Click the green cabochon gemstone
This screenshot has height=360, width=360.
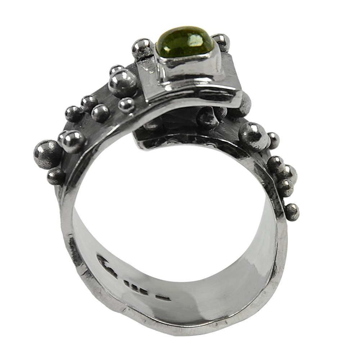(184, 42)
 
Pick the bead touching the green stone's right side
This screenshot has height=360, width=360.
(221, 41)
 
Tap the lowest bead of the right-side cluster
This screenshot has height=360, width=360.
(292, 212)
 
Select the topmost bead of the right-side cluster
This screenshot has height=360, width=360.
(275, 164)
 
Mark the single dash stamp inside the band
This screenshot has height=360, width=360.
(165, 298)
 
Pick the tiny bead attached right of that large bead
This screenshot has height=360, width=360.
(273, 140)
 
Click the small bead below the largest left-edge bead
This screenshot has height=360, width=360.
(56, 176)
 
